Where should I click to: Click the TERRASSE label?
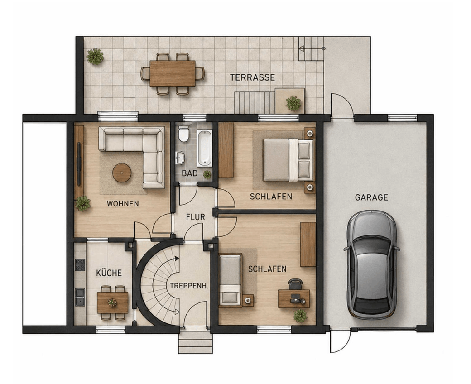pos(252,77)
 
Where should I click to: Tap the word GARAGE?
pos(371,197)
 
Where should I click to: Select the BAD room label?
pos(190,173)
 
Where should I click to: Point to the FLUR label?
pos(195,217)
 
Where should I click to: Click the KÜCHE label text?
pos(109,273)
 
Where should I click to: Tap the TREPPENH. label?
pos(189,286)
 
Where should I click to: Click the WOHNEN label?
pos(123,204)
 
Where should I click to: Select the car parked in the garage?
pos(371,264)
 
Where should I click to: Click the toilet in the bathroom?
pos(183,134)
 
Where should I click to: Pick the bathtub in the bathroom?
pos(205,148)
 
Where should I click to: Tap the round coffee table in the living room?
pos(122,173)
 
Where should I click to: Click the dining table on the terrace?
pos(173,73)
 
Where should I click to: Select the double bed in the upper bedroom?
pos(288,160)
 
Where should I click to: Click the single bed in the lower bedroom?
pos(231,280)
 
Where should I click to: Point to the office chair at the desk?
pos(296,284)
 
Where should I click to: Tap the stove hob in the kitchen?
pos(80,265)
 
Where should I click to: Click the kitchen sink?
pos(80,297)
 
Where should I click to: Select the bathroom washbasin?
pos(180,158)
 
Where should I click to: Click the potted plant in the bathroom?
pos(207,174)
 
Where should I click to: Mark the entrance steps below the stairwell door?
pos(196,342)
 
